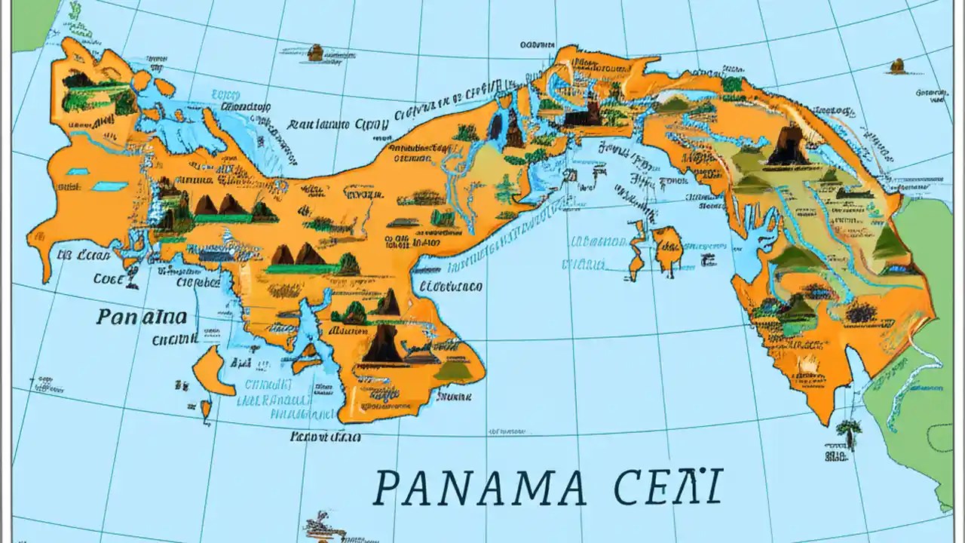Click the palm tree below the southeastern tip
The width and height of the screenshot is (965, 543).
coord(849,433)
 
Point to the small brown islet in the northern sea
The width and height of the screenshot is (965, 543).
coord(315,52)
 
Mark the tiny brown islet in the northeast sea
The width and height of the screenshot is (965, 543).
coord(896,66)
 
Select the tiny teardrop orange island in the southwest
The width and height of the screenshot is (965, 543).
coord(206,410)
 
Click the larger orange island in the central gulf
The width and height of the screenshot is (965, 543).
coord(668,250)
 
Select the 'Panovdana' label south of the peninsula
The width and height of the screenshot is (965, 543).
coord(325,437)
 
